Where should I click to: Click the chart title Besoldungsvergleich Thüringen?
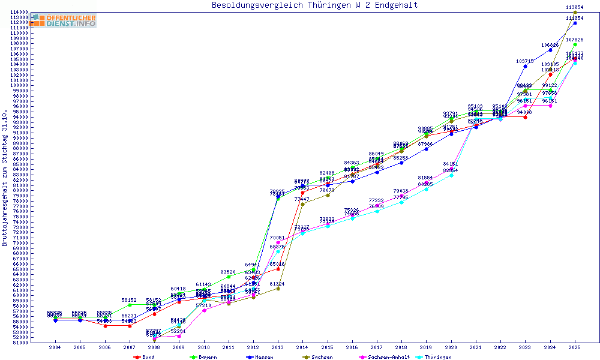pos(314,5)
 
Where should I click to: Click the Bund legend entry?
pos(148,357)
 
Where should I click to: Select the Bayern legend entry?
pos(205,357)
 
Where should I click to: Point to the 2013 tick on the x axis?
pos(278,347)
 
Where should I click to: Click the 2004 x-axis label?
pos(55,347)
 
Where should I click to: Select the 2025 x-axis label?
pos(575,347)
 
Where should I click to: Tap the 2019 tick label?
pos(426,347)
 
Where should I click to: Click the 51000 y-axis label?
pos(22,343)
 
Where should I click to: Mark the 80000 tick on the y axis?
pos(22,191)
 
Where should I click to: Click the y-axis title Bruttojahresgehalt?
pos(5,178)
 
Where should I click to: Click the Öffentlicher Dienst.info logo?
pos(65,21)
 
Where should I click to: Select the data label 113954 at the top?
pos(575,7)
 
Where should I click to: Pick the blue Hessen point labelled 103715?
pos(525,66)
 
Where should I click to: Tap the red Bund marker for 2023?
pos(525,117)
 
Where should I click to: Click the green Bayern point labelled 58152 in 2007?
pos(130,305)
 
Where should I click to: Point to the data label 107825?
pos(575,40)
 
